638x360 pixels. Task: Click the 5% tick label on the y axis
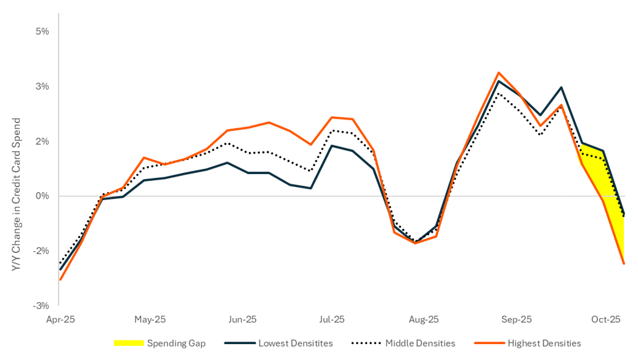(x=41, y=31)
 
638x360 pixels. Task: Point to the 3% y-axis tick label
(x=41, y=86)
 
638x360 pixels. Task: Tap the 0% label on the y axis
(x=41, y=196)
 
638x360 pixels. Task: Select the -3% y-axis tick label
(x=40, y=305)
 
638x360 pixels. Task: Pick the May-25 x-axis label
(x=150, y=319)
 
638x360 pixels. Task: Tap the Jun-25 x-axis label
(x=242, y=319)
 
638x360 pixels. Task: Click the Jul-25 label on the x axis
(x=332, y=319)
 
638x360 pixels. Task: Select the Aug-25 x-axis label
(x=424, y=319)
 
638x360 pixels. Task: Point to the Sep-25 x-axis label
(x=515, y=319)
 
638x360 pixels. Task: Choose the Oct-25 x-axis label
(x=606, y=319)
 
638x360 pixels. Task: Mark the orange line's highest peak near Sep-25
(x=498, y=73)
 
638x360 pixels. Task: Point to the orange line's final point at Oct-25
(x=624, y=263)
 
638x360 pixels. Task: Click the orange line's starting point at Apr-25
(x=60, y=279)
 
